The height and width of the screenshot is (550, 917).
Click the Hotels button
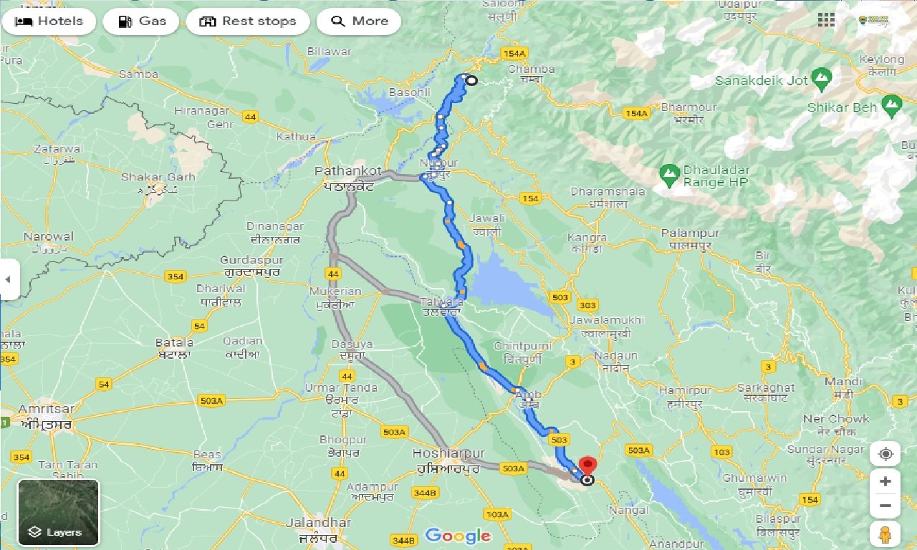click(49, 21)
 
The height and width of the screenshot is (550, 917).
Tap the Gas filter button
click(141, 21)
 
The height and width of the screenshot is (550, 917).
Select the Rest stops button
click(248, 21)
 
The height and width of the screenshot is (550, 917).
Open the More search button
click(359, 21)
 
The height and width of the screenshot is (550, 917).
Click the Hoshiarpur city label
click(448, 454)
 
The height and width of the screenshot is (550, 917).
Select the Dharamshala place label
click(598, 192)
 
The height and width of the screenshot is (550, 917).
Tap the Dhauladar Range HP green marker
click(669, 173)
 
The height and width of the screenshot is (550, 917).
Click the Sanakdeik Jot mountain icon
click(822, 76)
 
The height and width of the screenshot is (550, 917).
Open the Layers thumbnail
click(59, 512)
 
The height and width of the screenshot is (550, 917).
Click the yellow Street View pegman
click(885, 534)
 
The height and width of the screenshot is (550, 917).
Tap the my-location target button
click(885, 454)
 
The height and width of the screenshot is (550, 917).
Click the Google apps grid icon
click(826, 20)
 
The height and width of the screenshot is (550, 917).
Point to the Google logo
click(458, 535)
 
